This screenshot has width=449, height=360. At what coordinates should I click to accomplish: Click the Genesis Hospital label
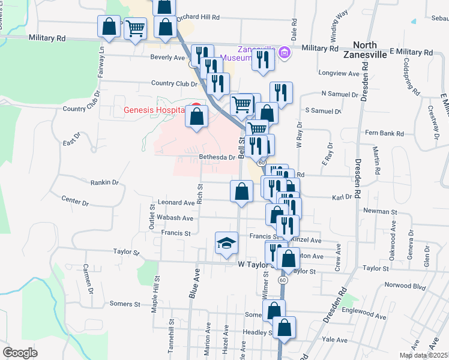(153, 110)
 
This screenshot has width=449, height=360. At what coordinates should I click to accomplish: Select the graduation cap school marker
(226, 244)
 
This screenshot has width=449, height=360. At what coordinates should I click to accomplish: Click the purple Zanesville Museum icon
(285, 53)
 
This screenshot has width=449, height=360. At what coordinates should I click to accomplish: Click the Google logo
(20, 353)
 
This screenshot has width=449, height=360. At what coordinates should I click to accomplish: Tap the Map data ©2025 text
(423, 355)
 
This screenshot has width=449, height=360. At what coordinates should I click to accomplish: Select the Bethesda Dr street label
(217, 157)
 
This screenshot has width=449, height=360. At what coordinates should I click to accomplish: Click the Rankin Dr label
(104, 182)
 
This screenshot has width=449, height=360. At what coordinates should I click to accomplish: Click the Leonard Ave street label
(176, 203)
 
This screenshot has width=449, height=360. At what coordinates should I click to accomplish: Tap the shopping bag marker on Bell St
(241, 191)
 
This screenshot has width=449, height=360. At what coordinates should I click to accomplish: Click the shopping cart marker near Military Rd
(136, 28)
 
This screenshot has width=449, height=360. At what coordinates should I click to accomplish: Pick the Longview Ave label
(340, 74)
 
